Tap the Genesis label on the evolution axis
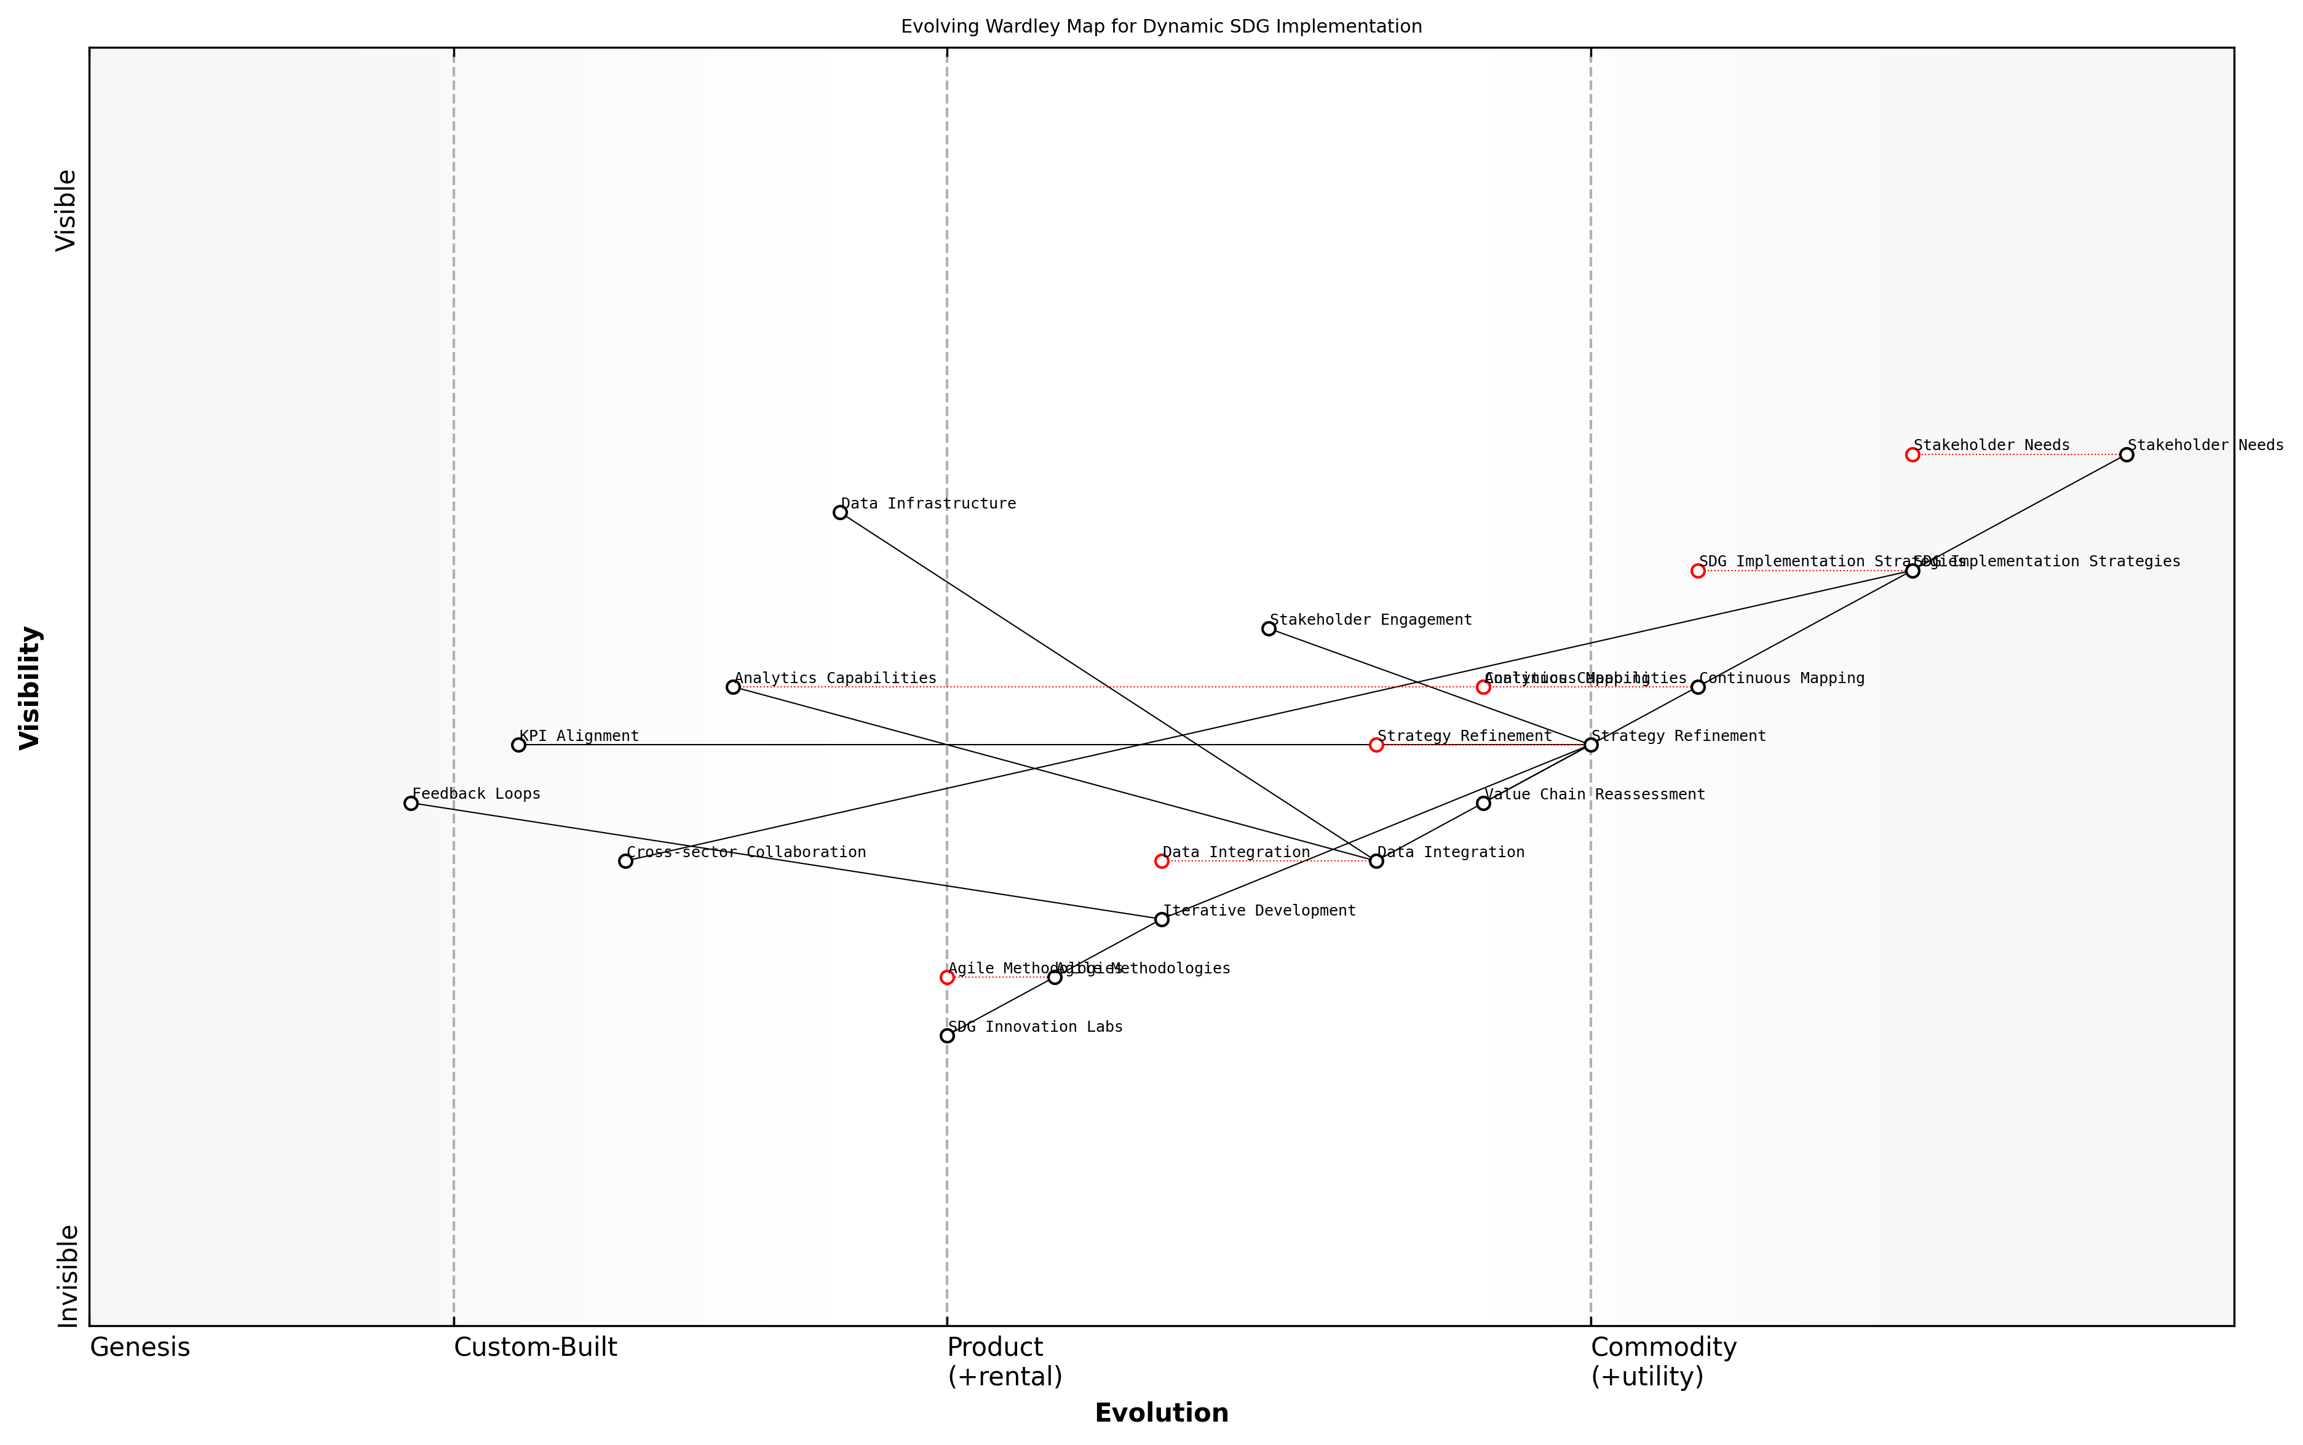pyautogui.click(x=140, y=1347)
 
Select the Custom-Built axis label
pyautogui.click(x=535, y=1347)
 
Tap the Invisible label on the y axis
pyautogui.click(x=67, y=1276)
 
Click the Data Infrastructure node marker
pyautogui.click(x=840, y=512)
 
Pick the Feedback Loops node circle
pyautogui.click(x=411, y=803)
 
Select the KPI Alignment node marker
pyautogui.click(x=518, y=745)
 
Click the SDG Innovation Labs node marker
pyautogui.click(x=947, y=1035)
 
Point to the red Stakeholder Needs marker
pyautogui.click(x=1912, y=454)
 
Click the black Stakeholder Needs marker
pyautogui.click(x=2127, y=454)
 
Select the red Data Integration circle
pyautogui.click(x=1161, y=861)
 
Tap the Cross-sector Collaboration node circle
pyautogui.click(x=625, y=861)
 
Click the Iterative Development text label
pyautogui.click(x=1259, y=911)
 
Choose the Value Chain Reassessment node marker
pyautogui.click(x=1483, y=803)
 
